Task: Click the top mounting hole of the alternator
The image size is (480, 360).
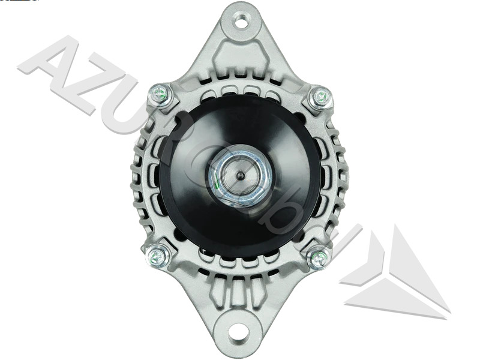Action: pyautogui.click(x=241, y=23)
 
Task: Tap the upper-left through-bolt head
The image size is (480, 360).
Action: pyautogui.click(x=160, y=94)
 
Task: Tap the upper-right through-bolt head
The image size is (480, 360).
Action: pyautogui.click(x=321, y=96)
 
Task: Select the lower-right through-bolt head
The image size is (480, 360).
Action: pyautogui.click(x=319, y=258)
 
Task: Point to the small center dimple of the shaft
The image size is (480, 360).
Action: pyautogui.click(x=240, y=176)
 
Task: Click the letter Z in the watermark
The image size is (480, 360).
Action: pyautogui.click(x=90, y=90)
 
